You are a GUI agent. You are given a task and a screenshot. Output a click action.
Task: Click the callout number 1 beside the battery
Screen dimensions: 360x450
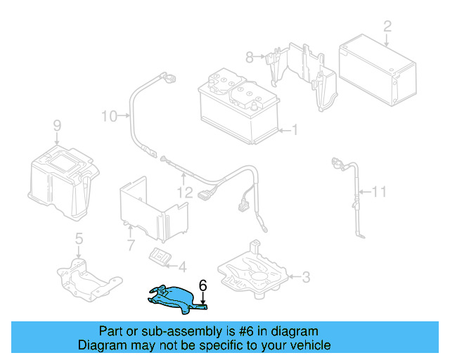coord(295,130)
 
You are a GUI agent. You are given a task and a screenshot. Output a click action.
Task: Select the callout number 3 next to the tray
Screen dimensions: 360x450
coord(305,277)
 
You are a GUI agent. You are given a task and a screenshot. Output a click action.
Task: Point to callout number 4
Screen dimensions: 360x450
coord(182,266)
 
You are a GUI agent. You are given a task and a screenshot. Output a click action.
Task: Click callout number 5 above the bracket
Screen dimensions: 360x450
coord(79,238)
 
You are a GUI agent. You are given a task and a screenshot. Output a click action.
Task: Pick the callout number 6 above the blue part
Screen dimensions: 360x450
coord(203,285)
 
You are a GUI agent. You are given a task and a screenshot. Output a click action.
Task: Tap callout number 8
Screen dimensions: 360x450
coord(249,57)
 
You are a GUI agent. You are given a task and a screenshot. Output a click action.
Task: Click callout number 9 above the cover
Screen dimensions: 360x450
coord(57,126)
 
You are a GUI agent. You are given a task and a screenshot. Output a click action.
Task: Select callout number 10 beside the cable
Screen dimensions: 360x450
coord(109,115)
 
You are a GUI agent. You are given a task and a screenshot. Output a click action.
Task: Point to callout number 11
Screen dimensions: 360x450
coord(379,191)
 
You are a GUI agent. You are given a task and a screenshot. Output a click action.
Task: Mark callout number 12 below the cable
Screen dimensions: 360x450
coord(184,191)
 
